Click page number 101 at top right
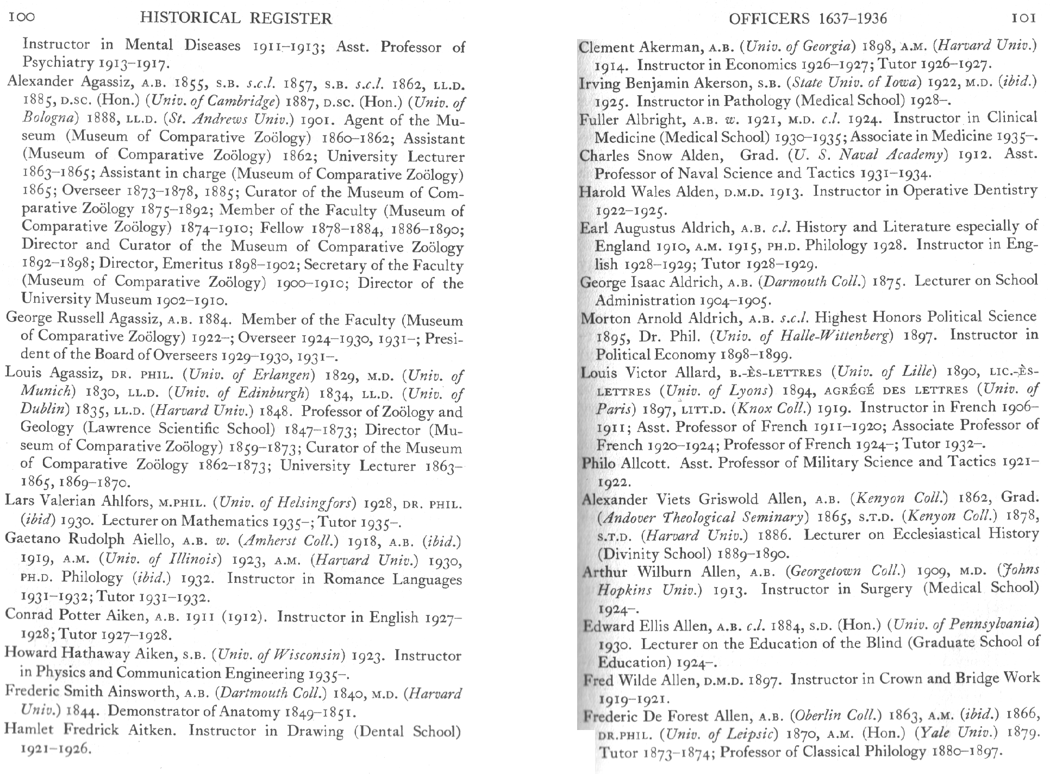[1024, 18]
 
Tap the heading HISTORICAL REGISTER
[235, 18]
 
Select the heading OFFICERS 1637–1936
[807, 19]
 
